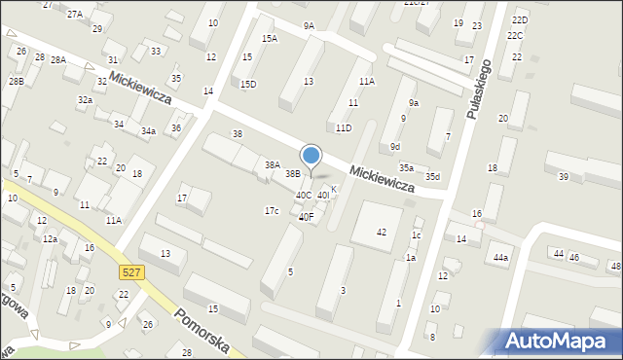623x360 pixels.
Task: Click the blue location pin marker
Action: point(311,156)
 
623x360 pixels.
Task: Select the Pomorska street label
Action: point(200,334)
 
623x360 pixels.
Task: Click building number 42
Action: point(382,232)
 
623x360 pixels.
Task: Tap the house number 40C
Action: point(304,196)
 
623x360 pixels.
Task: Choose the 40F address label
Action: point(306,217)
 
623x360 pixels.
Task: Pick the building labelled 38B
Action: point(292,174)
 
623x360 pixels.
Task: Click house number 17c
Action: point(272,211)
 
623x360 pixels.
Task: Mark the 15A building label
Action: point(270,39)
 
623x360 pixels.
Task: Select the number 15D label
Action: point(248,85)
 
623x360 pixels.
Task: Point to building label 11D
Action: point(344,127)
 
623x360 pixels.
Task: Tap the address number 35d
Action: point(431,176)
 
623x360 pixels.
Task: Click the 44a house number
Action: point(500,258)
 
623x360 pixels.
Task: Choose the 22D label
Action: point(520,19)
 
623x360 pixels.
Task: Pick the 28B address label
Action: point(16,81)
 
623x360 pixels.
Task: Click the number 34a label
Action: point(148,130)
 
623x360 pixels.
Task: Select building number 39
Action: point(563,176)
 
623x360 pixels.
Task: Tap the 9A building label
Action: point(309,26)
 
